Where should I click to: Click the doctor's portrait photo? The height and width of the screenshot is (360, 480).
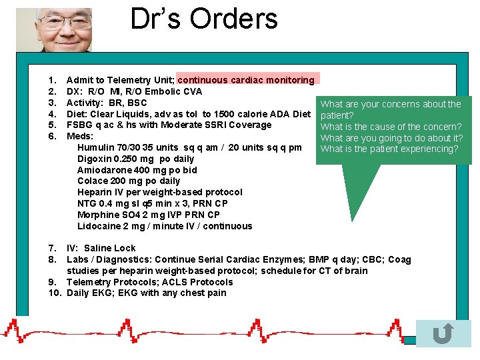(x=63, y=30)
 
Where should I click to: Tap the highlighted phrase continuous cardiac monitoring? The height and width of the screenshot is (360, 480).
(x=246, y=80)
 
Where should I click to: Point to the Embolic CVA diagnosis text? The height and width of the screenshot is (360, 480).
(x=162, y=91)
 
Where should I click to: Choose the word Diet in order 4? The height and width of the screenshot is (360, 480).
(x=77, y=114)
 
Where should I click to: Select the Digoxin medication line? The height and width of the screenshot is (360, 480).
(x=135, y=159)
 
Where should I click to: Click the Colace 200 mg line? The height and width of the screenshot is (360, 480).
(x=129, y=181)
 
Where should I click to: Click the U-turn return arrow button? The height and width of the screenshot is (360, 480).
(x=443, y=333)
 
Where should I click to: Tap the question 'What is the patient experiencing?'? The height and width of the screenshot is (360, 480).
(x=389, y=149)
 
